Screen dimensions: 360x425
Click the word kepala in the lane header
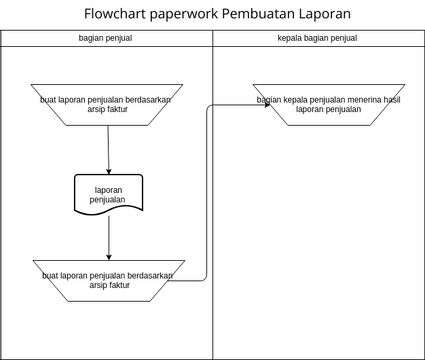click(289, 38)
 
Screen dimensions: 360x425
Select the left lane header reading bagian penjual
click(106, 38)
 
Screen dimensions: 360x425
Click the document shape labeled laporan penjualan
click(108, 194)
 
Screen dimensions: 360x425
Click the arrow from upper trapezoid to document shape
click(108, 150)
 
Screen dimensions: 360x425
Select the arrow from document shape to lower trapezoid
click(108, 237)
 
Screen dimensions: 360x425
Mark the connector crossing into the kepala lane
click(207, 190)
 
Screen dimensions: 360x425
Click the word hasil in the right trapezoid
click(391, 100)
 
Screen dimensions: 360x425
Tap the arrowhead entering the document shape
click(108, 171)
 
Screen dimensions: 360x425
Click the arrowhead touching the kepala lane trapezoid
click(267, 104)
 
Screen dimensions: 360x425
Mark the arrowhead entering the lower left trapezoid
click(108, 257)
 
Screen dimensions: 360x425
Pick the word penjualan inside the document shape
click(108, 200)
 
